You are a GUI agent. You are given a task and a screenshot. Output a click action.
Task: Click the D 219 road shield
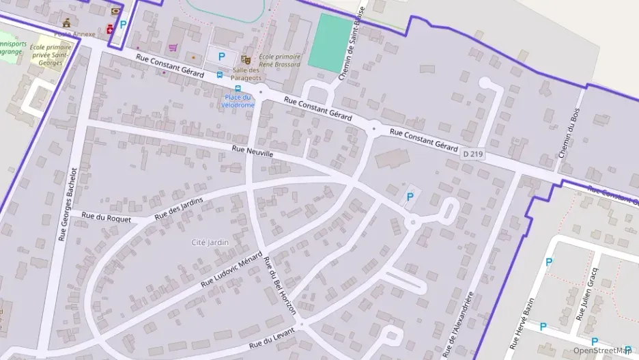(x=472, y=154)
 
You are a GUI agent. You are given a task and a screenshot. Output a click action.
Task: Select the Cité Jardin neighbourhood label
(x=210, y=242)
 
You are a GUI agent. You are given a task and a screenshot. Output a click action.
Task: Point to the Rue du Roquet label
(x=96, y=216)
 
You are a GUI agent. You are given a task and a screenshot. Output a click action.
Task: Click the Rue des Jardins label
(x=179, y=208)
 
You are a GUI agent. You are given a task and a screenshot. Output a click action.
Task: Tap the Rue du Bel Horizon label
(x=280, y=286)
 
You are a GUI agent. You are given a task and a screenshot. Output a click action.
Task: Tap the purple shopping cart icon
(x=173, y=47)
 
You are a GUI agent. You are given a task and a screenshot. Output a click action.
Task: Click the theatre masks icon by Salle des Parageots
(x=245, y=59)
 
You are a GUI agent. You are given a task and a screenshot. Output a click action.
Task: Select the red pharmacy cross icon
(x=109, y=29)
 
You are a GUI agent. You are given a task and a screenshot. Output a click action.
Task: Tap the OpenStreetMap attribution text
(x=602, y=351)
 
